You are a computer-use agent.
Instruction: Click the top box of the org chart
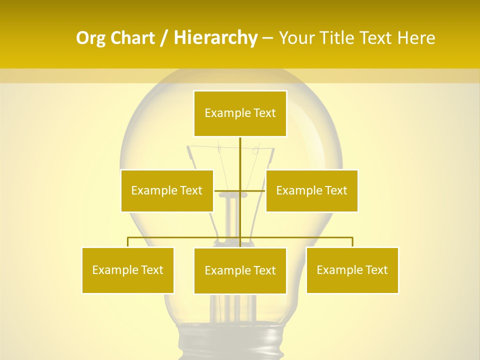(240, 113)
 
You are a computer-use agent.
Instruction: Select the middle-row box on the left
(167, 190)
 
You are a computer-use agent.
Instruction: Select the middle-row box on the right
(311, 190)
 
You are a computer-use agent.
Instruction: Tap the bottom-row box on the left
(128, 270)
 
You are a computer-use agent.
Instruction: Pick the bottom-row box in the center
(240, 270)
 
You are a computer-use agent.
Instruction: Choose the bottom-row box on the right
(352, 270)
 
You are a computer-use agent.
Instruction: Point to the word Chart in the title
(133, 38)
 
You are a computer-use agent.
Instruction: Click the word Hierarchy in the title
(215, 38)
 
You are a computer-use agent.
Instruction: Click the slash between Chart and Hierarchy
(164, 38)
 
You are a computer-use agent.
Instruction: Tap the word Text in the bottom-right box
(377, 270)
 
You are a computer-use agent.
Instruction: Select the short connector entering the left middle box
(220, 190)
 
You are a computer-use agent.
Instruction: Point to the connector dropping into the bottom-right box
(352, 242)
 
